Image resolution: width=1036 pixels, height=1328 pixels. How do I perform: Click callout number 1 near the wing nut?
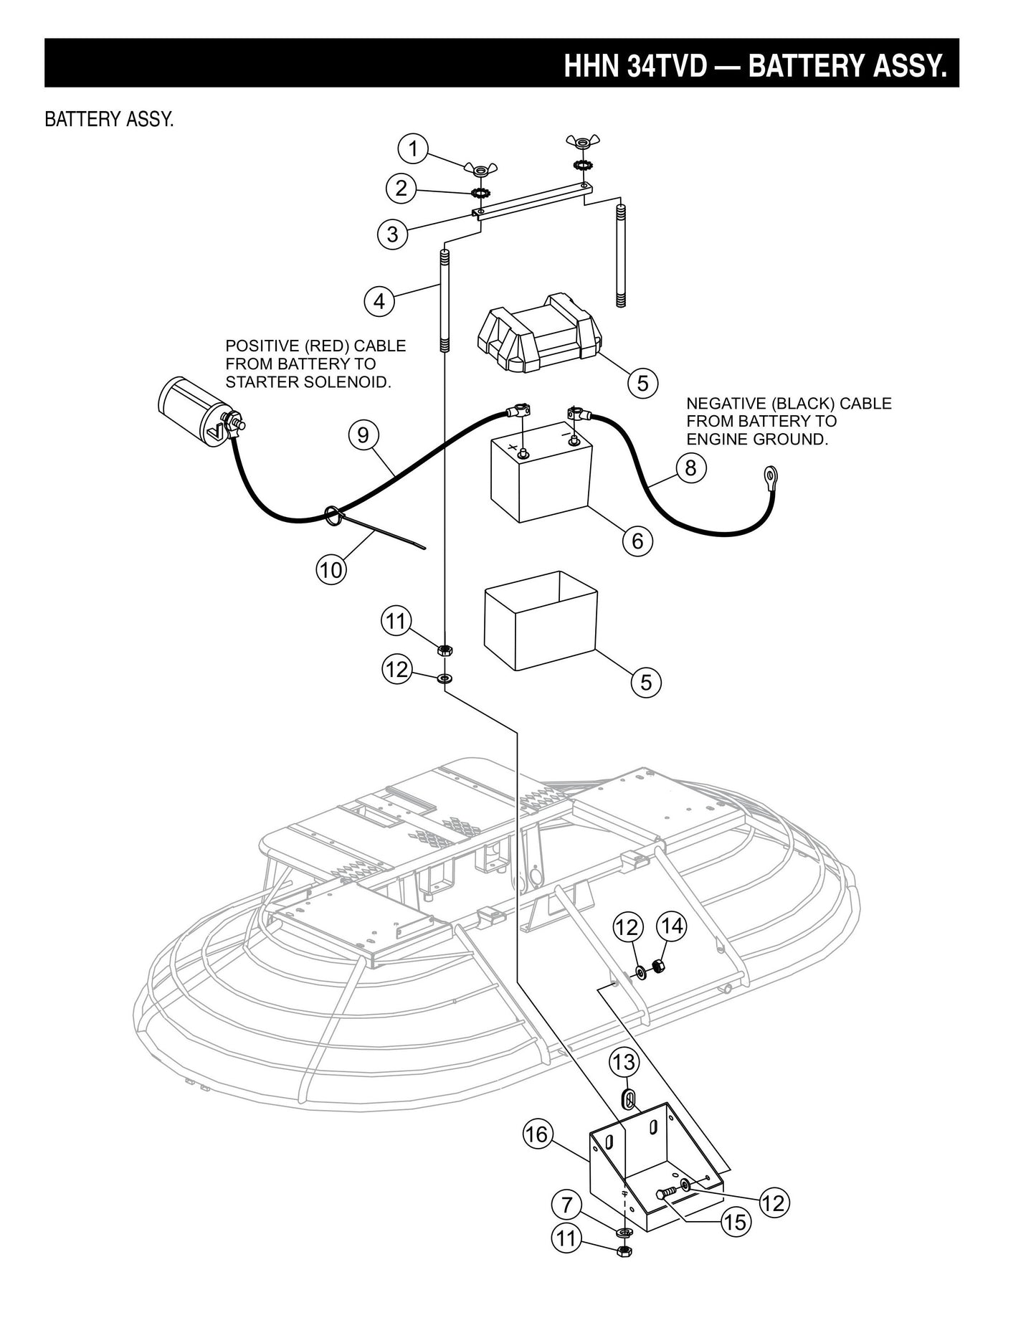tap(412, 149)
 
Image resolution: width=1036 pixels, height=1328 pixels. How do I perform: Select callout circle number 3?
tap(392, 234)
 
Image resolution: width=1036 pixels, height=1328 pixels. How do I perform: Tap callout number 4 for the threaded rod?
tap(379, 301)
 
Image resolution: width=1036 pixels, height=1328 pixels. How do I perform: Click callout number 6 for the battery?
tap(637, 539)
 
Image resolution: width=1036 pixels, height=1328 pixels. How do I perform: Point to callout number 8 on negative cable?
tap(690, 468)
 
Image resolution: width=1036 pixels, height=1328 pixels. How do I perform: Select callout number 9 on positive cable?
tap(363, 435)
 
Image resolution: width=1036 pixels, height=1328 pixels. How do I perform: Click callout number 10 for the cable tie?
tap(331, 569)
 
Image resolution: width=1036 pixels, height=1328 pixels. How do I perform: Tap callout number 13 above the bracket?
tap(624, 1062)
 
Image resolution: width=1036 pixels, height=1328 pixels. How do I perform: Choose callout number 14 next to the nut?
tap(672, 926)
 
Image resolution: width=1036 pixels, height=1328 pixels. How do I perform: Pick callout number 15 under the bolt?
tap(736, 1222)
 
